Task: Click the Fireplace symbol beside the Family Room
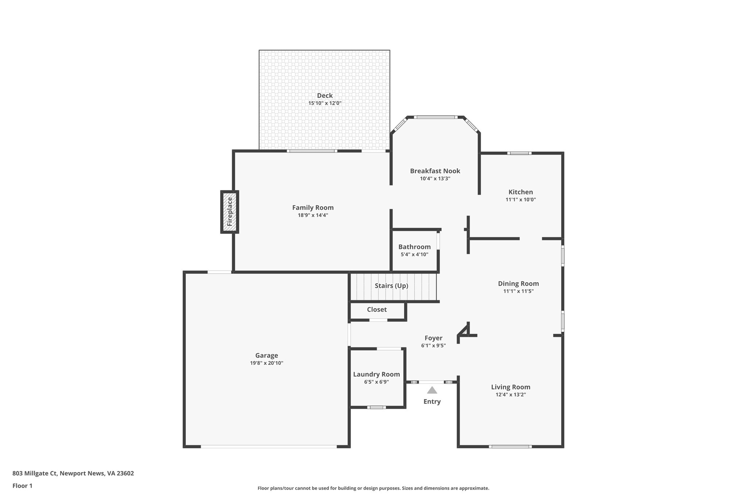click(x=229, y=212)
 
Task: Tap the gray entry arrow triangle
click(x=432, y=390)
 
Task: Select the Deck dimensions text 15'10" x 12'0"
click(x=325, y=103)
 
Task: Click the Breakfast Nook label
click(x=435, y=171)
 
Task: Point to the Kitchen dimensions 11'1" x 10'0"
click(x=520, y=200)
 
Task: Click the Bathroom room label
click(x=414, y=247)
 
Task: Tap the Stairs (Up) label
click(x=391, y=286)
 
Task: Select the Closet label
click(x=377, y=309)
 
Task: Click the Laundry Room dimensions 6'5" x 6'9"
click(x=376, y=382)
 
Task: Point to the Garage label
click(x=266, y=355)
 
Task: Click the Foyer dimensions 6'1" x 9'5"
click(x=433, y=345)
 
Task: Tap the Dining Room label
click(x=518, y=283)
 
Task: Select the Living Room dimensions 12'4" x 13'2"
click(x=510, y=394)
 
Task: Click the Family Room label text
click(x=313, y=208)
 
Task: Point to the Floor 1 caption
click(x=22, y=486)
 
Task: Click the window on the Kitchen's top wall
click(x=519, y=153)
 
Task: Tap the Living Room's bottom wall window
click(x=510, y=446)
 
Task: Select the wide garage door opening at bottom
click(x=268, y=446)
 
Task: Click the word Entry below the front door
click(x=432, y=401)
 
